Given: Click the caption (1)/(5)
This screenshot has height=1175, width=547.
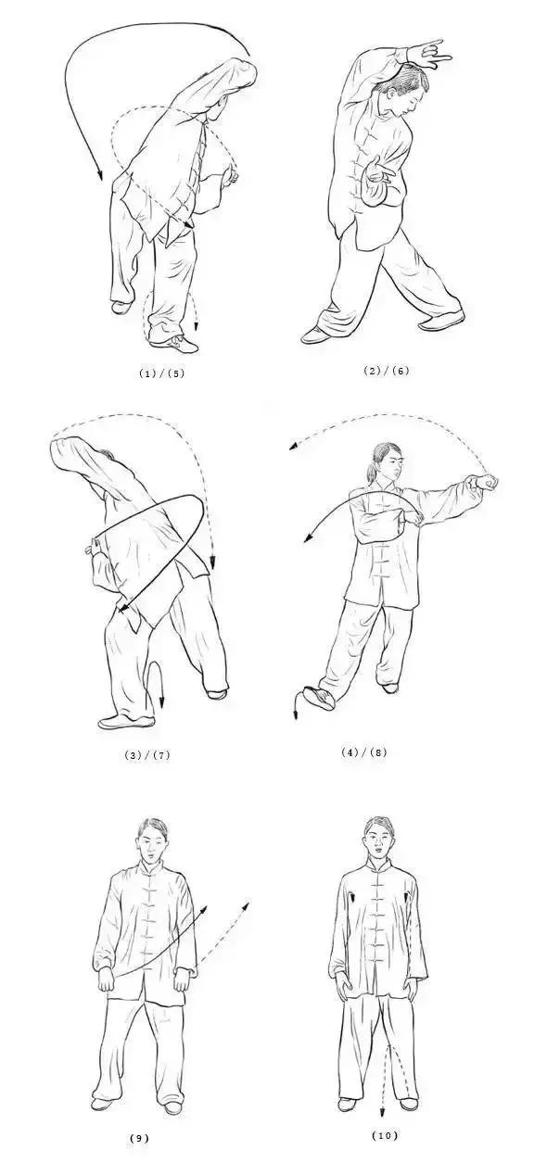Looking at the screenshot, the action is coord(161,373).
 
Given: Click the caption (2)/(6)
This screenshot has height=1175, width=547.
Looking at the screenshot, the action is coord(386,371).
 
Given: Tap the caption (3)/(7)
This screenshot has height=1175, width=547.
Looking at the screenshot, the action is coord(147,755).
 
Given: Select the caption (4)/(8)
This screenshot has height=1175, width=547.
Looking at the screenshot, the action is coord(363,752).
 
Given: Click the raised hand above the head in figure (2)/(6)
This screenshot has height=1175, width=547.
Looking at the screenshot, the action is coord(427,54).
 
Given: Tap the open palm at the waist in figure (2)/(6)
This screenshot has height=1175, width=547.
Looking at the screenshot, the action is coord(379,171).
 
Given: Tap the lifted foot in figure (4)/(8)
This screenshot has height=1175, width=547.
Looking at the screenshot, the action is coord(320,698).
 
